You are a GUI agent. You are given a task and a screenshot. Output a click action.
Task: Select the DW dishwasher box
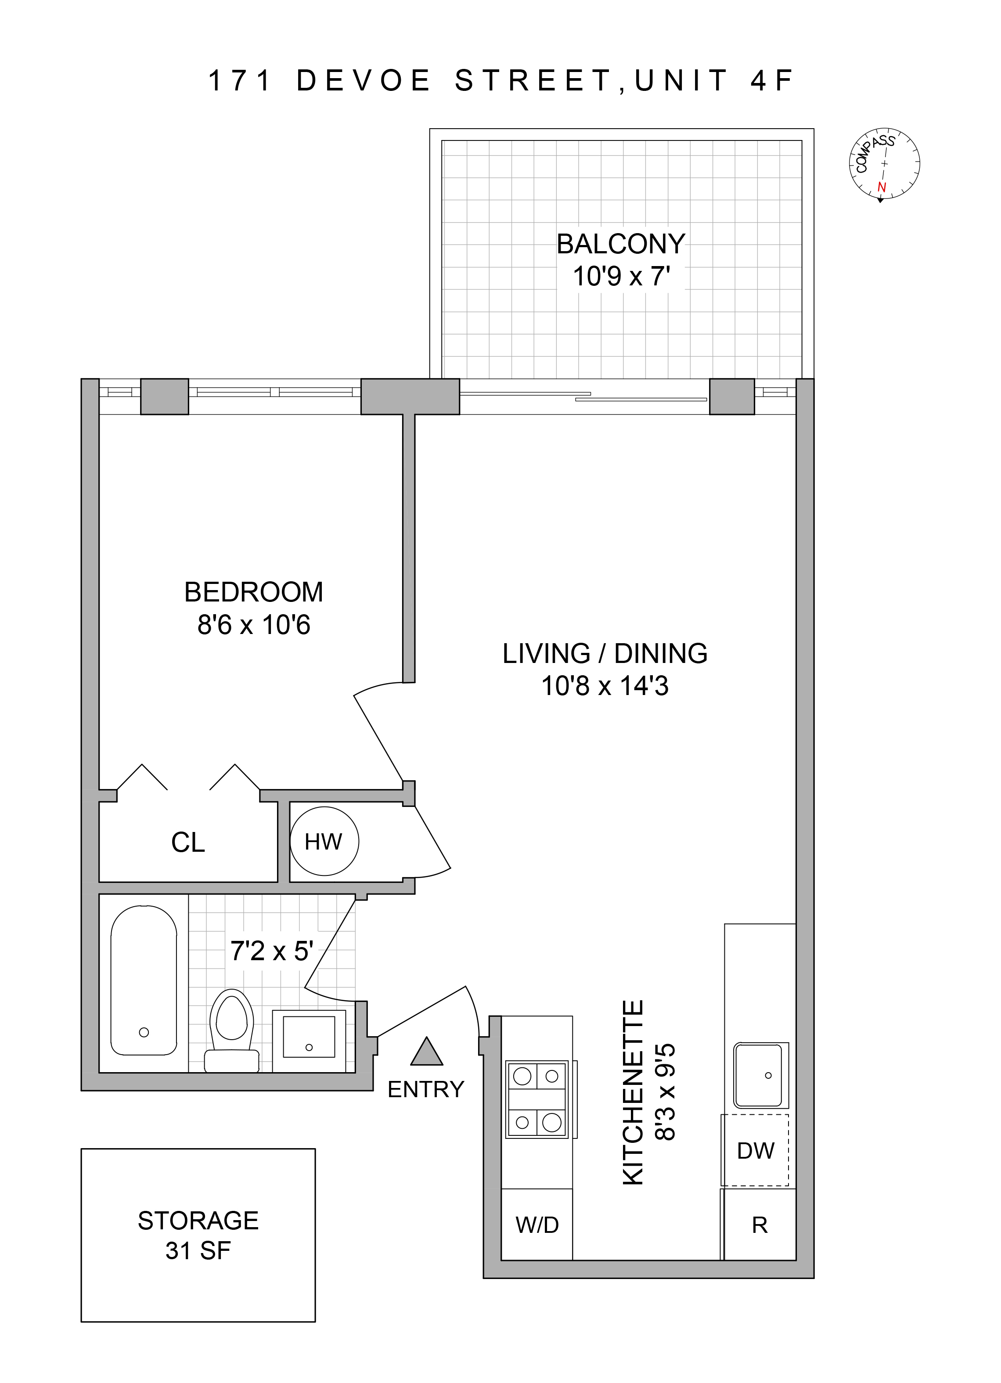coord(755,1151)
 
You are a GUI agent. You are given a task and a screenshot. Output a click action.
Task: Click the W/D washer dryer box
coord(537,1225)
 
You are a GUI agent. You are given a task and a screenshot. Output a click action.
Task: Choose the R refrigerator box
coord(760,1225)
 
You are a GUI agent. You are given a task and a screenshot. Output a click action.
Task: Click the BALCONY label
coord(621,244)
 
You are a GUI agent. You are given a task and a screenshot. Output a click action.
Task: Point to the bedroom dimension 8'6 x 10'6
coord(254,625)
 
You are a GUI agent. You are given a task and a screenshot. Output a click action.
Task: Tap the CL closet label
coord(188,843)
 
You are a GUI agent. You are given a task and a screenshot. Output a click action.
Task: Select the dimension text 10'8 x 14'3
coord(605,686)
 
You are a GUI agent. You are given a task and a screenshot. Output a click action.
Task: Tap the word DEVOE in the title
coord(364,81)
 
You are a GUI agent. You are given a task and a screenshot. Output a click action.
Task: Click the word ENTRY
coord(425,1090)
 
